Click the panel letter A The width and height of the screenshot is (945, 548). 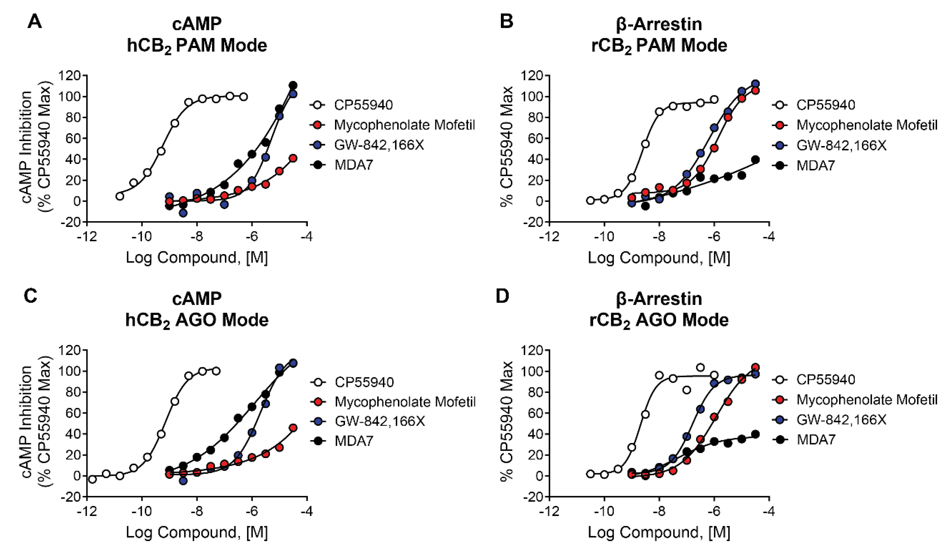point(35,22)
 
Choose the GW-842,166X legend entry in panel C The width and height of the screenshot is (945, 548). point(380,421)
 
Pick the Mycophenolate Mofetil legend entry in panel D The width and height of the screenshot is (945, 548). point(866,400)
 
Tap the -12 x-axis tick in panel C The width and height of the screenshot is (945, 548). point(87,512)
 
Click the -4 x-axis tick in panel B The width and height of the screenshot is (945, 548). point(769,237)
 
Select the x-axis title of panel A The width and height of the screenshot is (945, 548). point(197,258)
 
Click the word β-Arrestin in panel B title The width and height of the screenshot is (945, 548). point(659,24)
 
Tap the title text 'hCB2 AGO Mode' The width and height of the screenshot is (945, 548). point(197,320)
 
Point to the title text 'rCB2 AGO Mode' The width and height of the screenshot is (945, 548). point(659,320)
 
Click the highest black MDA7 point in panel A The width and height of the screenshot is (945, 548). point(293,85)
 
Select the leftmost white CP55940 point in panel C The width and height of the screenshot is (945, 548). point(92,479)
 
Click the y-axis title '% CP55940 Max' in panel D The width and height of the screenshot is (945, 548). point(507,421)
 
